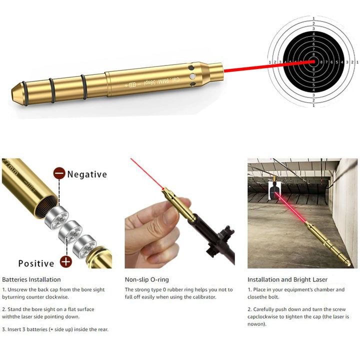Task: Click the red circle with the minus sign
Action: tap(59, 174)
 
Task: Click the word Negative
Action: tap(87, 174)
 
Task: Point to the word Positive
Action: tap(35, 263)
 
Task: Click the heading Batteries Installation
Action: tap(31, 279)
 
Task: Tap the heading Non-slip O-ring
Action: tap(146, 279)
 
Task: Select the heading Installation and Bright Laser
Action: tap(287, 279)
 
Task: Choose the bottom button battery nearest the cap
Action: tap(84, 247)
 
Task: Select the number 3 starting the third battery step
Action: tap(4, 329)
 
